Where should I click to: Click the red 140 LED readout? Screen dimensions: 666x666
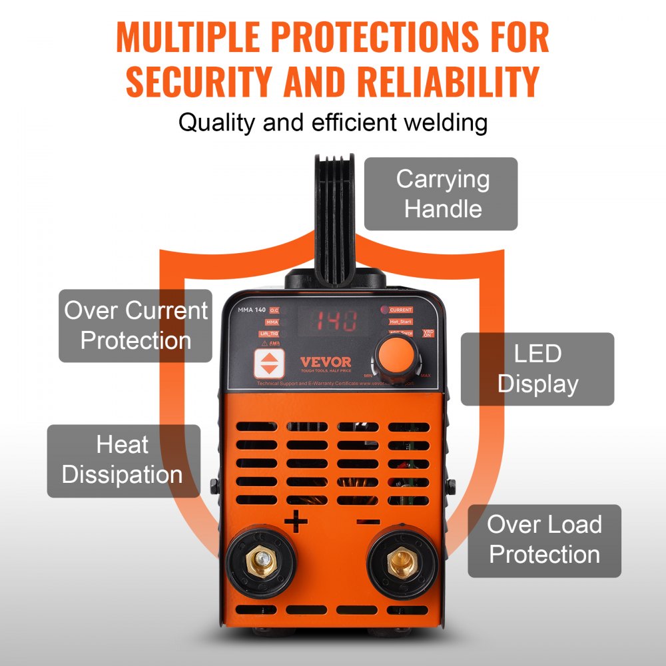click(336, 320)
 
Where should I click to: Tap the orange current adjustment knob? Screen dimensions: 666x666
click(397, 354)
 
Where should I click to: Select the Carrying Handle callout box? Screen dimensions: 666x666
click(441, 194)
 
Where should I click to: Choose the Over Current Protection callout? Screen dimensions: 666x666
click(135, 326)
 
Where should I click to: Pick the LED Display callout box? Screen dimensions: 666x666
click(537, 369)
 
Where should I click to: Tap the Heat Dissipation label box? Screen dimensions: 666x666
click(123, 461)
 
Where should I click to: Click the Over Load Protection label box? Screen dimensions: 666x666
click(544, 540)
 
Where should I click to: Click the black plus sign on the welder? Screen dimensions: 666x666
click(296, 521)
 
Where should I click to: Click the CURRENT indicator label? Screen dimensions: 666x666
click(400, 310)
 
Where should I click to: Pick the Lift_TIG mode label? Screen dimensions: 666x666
click(250, 334)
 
